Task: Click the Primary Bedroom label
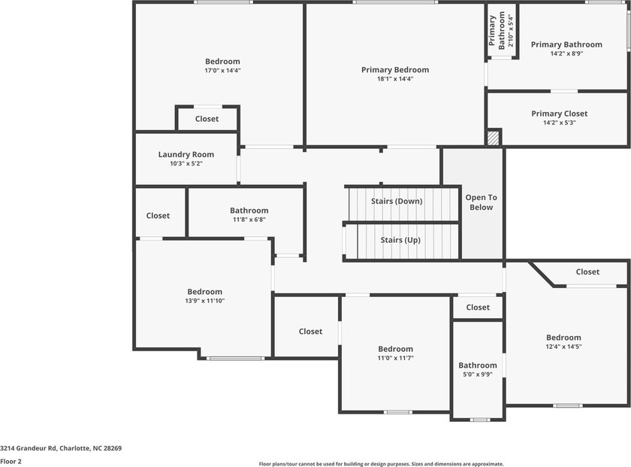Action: (x=395, y=70)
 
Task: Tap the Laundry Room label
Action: (x=186, y=154)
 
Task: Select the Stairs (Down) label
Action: (x=397, y=201)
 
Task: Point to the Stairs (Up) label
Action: (x=400, y=240)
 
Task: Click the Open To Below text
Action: (x=482, y=202)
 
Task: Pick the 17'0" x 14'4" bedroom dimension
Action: (x=222, y=71)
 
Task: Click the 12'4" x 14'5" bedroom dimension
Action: (x=563, y=347)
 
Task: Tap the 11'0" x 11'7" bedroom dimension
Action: (x=396, y=358)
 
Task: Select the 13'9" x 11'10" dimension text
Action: (x=205, y=301)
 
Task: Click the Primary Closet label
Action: (x=560, y=114)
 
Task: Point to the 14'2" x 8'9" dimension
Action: (x=566, y=53)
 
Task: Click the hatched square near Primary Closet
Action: (x=493, y=138)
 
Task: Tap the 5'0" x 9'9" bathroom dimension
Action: (x=478, y=375)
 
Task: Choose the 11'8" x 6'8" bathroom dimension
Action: (x=249, y=220)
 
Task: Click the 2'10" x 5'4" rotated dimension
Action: (x=511, y=31)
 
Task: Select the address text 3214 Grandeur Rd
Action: (x=29, y=448)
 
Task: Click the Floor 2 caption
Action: (x=11, y=461)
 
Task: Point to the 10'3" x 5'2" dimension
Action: (x=186, y=164)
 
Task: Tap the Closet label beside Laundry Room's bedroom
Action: (x=207, y=119)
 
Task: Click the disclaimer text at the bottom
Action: (x=381, y=464)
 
